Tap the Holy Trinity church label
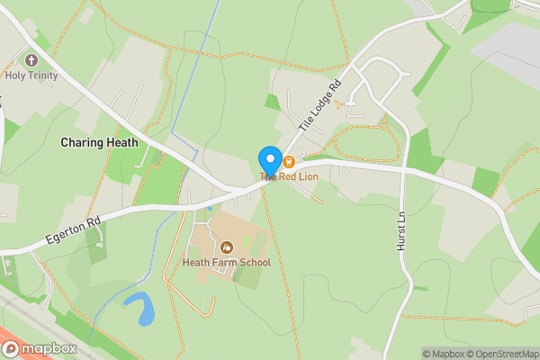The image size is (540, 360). coord(31,76)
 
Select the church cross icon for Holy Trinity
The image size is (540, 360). coord(32,60)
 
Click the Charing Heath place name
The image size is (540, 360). coord(99,142)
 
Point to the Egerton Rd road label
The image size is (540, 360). coord(76,230)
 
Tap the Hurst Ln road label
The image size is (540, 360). coord(402,232)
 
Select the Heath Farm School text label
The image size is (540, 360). coord(226,263)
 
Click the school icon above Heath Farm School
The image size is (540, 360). coord(227,247)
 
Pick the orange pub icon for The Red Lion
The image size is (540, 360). coord(289,162)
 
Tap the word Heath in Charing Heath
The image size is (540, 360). coord(121,142)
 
